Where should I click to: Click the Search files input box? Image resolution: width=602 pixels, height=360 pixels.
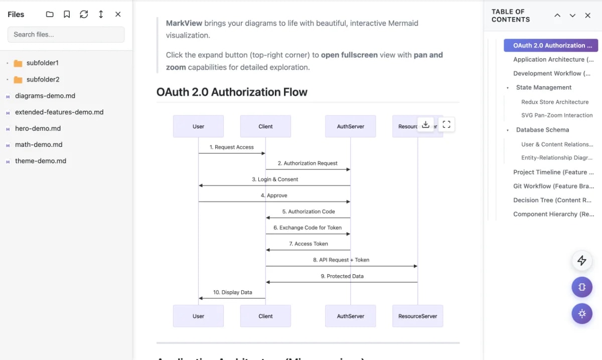point(66,35)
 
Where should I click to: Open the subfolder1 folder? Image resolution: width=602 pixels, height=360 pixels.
point(42,63)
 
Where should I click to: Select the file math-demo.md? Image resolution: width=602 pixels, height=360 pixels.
point(39,144)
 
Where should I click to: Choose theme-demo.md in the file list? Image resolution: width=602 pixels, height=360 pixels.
point(40,161)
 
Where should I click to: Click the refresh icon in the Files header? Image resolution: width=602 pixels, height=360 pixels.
point(84,15)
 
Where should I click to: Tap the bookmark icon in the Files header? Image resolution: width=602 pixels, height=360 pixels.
point(67,15)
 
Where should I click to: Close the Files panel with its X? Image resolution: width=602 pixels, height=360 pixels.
point(118,15)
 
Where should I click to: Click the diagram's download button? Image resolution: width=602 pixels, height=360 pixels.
point(425,125)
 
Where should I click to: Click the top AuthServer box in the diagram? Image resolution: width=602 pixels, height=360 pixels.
point(350,126)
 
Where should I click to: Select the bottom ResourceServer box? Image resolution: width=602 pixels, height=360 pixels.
point(417,316)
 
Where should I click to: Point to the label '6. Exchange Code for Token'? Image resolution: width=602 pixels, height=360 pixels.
point(307,228)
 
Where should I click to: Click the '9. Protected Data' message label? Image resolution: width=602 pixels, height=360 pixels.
point(342,276)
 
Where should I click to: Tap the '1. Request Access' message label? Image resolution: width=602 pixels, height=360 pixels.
point(231,147)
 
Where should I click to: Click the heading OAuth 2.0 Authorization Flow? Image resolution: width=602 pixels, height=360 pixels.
point(232,92)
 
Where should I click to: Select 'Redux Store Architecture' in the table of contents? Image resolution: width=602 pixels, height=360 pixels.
point(554,102)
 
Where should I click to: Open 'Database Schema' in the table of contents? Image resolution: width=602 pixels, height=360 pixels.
point(542,130)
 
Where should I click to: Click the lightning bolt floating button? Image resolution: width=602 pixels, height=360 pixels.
point(582,260)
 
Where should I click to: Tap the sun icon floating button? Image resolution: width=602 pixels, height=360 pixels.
point(582,313)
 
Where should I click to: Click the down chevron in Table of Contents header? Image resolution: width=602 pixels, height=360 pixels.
point(572,16)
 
